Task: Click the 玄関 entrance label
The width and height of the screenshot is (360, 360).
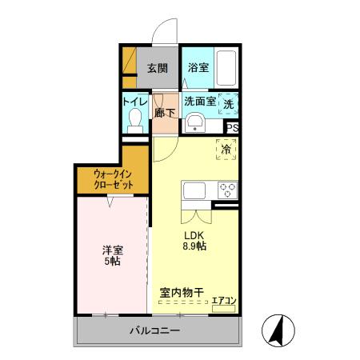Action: coord(157,68)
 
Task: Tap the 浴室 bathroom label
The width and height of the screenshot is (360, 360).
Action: coord(198,68)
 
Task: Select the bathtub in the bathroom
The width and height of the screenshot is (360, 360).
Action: coord(227,67)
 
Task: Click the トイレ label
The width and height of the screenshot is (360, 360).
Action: coord(134,102)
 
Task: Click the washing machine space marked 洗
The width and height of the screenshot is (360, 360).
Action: coord(229,103)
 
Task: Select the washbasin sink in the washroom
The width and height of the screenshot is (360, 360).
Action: coord(194,122)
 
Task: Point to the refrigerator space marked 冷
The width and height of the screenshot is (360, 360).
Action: coord(226,150)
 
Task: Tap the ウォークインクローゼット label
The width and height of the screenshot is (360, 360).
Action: coord(113,178)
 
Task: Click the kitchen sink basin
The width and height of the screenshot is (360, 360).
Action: coord(195,191)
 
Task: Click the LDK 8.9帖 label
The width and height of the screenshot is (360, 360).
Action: coord(195,241)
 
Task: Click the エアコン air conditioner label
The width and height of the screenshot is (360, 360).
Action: coord(222,301)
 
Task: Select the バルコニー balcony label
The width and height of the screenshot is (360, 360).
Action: coord(154,331)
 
